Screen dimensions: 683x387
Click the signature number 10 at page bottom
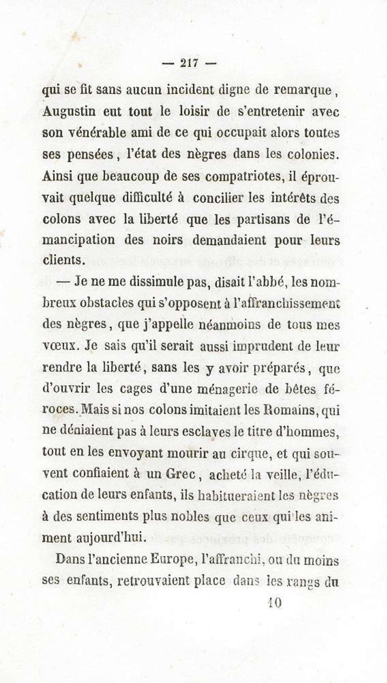pyautogui.click(x=274, y=603)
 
